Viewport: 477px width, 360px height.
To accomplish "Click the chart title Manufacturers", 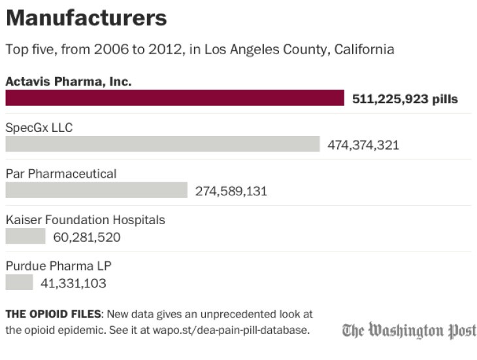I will click(86, 18).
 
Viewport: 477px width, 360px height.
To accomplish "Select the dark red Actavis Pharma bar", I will click(174, 98).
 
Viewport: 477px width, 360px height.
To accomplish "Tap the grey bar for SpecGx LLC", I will click(162, 144).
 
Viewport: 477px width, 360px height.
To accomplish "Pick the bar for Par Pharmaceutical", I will click(96, 190).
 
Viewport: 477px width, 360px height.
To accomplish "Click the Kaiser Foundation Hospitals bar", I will click(25, 236).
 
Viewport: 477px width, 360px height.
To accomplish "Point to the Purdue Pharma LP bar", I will click(19, 282).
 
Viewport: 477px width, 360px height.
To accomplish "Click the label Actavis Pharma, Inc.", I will click(69, 82).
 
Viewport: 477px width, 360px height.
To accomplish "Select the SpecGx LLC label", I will click(39, 127).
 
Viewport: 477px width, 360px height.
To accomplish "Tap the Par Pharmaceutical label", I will click(61, 174).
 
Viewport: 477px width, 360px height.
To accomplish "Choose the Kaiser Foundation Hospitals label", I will click(85, 220).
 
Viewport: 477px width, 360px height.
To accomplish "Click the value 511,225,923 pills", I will click(405, 99).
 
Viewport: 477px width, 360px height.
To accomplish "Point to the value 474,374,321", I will click(363, 145).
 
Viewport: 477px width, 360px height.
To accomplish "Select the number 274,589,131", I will click(231, 191).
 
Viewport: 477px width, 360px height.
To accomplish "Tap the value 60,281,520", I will click(87, 237).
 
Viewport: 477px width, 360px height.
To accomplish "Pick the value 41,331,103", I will click(73, 284).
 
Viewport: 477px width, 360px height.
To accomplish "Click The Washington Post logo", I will click(409, 330).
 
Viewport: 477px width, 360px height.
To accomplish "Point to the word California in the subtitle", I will click(363, 50).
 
